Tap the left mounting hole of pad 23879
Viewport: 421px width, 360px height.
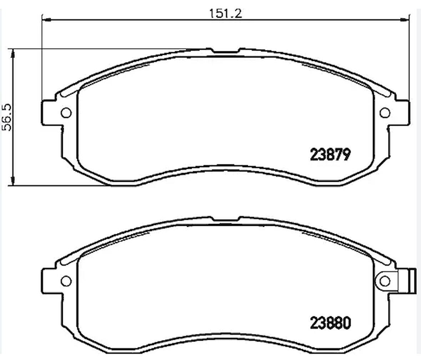[66, 113]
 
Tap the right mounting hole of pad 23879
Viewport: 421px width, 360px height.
[385, 113]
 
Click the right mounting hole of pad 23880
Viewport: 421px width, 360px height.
[385, 281]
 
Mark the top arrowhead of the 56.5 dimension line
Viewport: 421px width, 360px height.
[13, 53]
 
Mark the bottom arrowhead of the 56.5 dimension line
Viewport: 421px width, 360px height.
[13, 182]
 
